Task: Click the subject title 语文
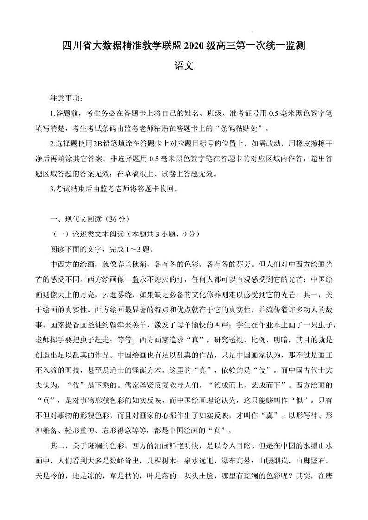pos(184,66)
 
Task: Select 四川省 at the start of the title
pos(74,46)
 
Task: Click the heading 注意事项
pos(65,99)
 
